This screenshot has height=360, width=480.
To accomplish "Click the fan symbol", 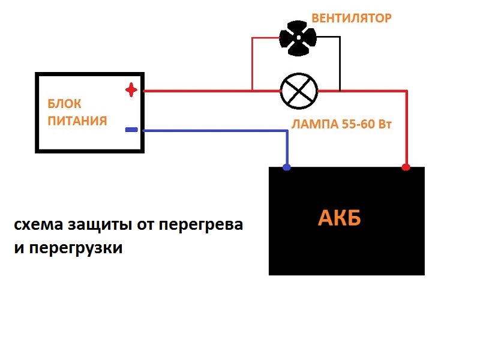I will (298, 40).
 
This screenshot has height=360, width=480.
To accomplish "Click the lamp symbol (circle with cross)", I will (299, 91).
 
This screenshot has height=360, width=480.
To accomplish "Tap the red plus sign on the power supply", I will (131, 91).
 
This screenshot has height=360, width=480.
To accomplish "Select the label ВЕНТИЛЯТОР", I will (351, 18).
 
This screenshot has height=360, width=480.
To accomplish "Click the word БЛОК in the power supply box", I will (64, 104).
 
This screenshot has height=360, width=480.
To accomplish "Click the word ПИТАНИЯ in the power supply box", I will (77, 121).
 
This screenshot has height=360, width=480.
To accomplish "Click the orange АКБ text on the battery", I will (339, 219).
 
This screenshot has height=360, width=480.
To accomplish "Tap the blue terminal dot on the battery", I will (287, 167).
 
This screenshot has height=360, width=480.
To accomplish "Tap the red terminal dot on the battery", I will (406, 167).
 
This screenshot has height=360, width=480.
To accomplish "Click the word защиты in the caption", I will (82, 226).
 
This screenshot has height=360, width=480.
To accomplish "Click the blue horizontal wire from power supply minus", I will (210, 130).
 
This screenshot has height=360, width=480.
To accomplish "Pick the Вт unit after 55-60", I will (383, 125).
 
